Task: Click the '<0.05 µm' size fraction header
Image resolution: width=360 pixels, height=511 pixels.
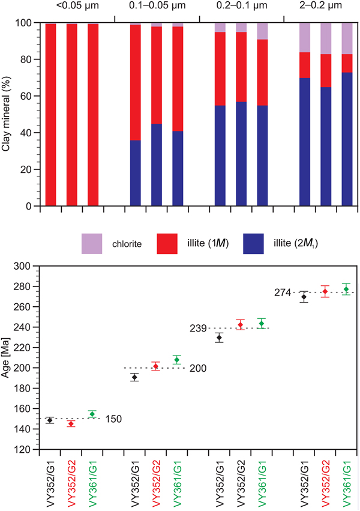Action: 72,7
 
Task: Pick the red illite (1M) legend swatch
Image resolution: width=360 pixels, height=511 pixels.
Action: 172,244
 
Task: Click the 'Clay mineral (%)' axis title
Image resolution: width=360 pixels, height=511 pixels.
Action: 7,114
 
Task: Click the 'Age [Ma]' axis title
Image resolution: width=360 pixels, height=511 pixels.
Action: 7,357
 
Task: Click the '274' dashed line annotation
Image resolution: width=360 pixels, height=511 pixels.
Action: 283,293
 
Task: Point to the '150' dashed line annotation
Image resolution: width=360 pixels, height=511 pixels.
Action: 113,419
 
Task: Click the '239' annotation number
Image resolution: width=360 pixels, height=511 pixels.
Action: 199,328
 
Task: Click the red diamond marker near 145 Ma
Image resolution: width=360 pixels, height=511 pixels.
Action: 71,423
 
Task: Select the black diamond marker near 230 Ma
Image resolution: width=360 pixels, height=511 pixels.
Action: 220,337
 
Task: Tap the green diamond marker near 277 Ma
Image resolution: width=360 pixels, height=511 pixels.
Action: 346,289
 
